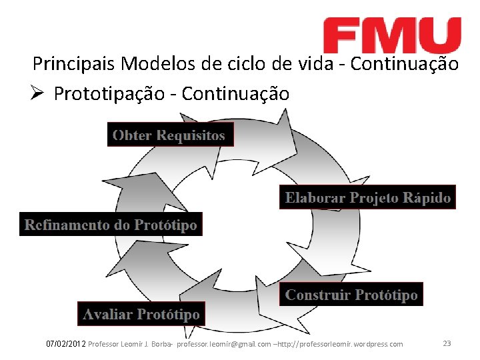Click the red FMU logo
click(x=392, y=35)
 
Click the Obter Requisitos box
click(x=170, y=135)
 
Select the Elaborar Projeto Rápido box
click(x=367, y=198)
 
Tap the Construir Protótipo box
click(x=351, y=295)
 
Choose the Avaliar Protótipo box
click(x=141, y=313)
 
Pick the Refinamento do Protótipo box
click(x=111, y=225)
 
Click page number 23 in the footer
click(x=447, y=343)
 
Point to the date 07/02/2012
click(x=65, y=344)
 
